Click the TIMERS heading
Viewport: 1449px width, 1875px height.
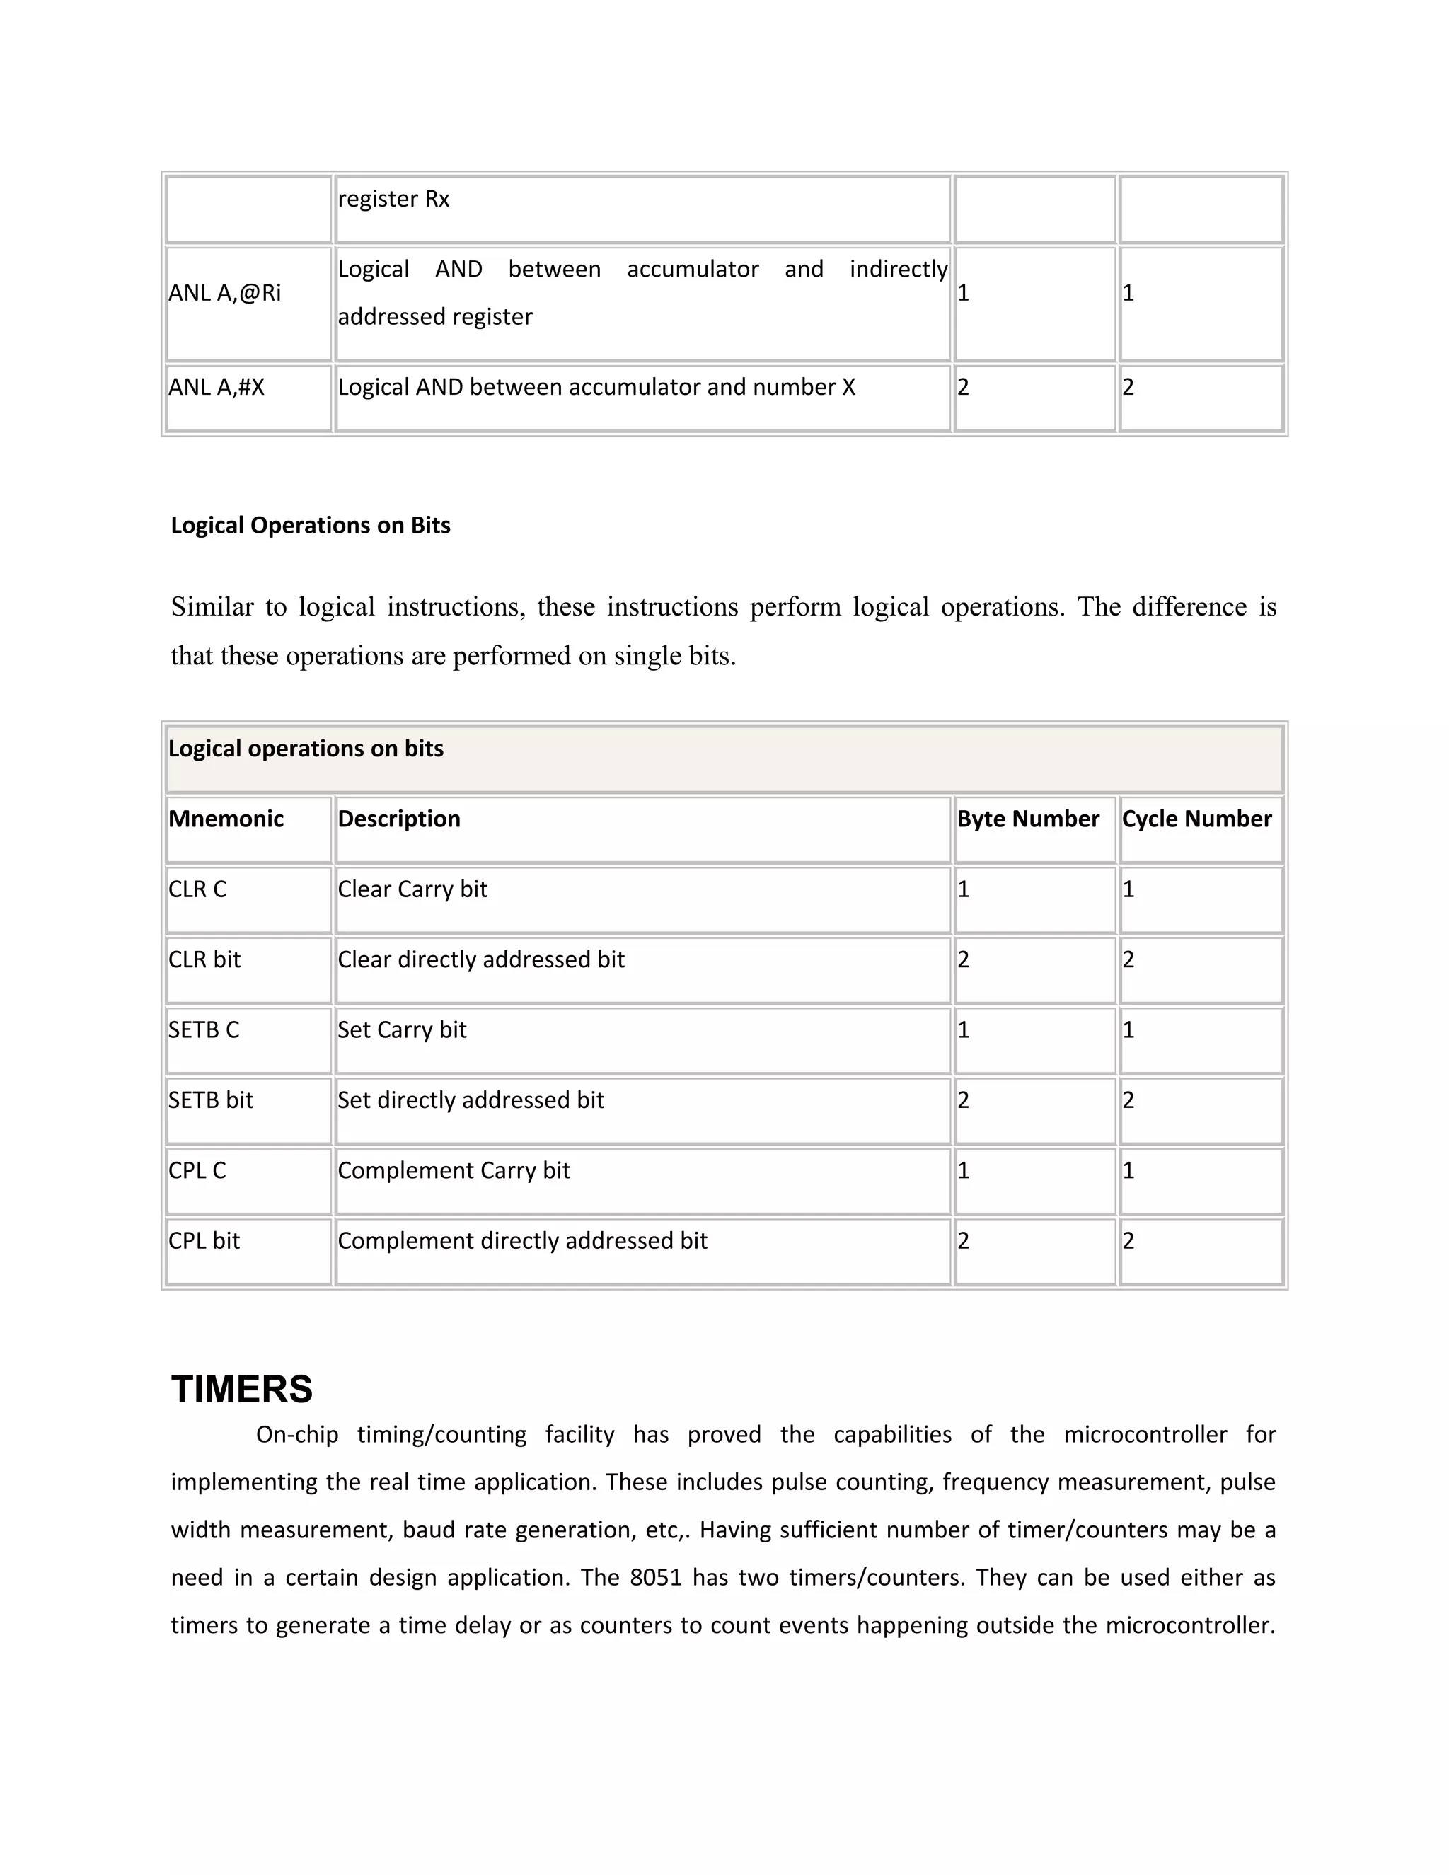coord(241,1388)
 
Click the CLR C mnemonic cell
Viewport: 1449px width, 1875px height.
coord(197,889)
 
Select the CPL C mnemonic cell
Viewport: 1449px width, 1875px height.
coord(197,1170)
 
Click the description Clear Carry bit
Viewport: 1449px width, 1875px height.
coord(412,889)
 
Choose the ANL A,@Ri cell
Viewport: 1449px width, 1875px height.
coord(224,293)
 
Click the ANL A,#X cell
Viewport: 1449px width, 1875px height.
coord(217,387)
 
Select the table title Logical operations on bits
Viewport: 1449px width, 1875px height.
coord(306,749)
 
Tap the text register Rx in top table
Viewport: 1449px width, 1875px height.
coord(393,200)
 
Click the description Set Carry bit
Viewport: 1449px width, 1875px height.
coord(402,1029)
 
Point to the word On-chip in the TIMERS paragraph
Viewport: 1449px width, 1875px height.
coord(296,1435)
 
